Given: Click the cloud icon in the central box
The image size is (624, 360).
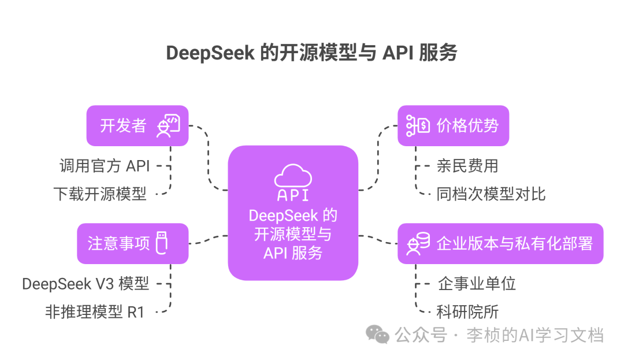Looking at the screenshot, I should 293,174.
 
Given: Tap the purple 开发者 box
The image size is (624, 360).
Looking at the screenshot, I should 138,125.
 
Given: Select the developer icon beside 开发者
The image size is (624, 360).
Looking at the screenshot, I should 168,125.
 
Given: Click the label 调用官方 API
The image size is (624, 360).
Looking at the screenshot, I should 105,166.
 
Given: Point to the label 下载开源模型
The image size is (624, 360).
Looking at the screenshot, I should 100,194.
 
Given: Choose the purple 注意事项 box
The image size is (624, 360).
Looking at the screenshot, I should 133,243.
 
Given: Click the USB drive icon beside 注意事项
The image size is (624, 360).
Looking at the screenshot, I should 162,243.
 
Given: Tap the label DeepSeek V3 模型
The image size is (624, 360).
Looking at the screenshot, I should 86,284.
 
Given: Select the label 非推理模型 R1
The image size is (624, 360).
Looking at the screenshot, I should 95,312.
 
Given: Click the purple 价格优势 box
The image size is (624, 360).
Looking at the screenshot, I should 453,125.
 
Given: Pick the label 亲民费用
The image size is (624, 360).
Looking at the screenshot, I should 467,166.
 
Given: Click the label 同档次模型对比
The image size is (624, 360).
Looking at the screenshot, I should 491,194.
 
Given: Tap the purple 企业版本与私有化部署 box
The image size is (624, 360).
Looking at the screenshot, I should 500,243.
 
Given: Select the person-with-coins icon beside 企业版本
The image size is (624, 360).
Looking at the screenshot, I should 418,243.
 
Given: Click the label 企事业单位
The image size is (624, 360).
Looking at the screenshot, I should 477,284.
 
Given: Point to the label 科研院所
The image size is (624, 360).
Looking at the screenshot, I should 467,312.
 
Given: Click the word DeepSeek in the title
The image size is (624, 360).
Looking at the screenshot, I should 210,53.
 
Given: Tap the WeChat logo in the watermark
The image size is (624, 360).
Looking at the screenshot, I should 379,333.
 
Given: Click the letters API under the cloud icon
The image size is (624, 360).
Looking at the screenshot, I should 293,195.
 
